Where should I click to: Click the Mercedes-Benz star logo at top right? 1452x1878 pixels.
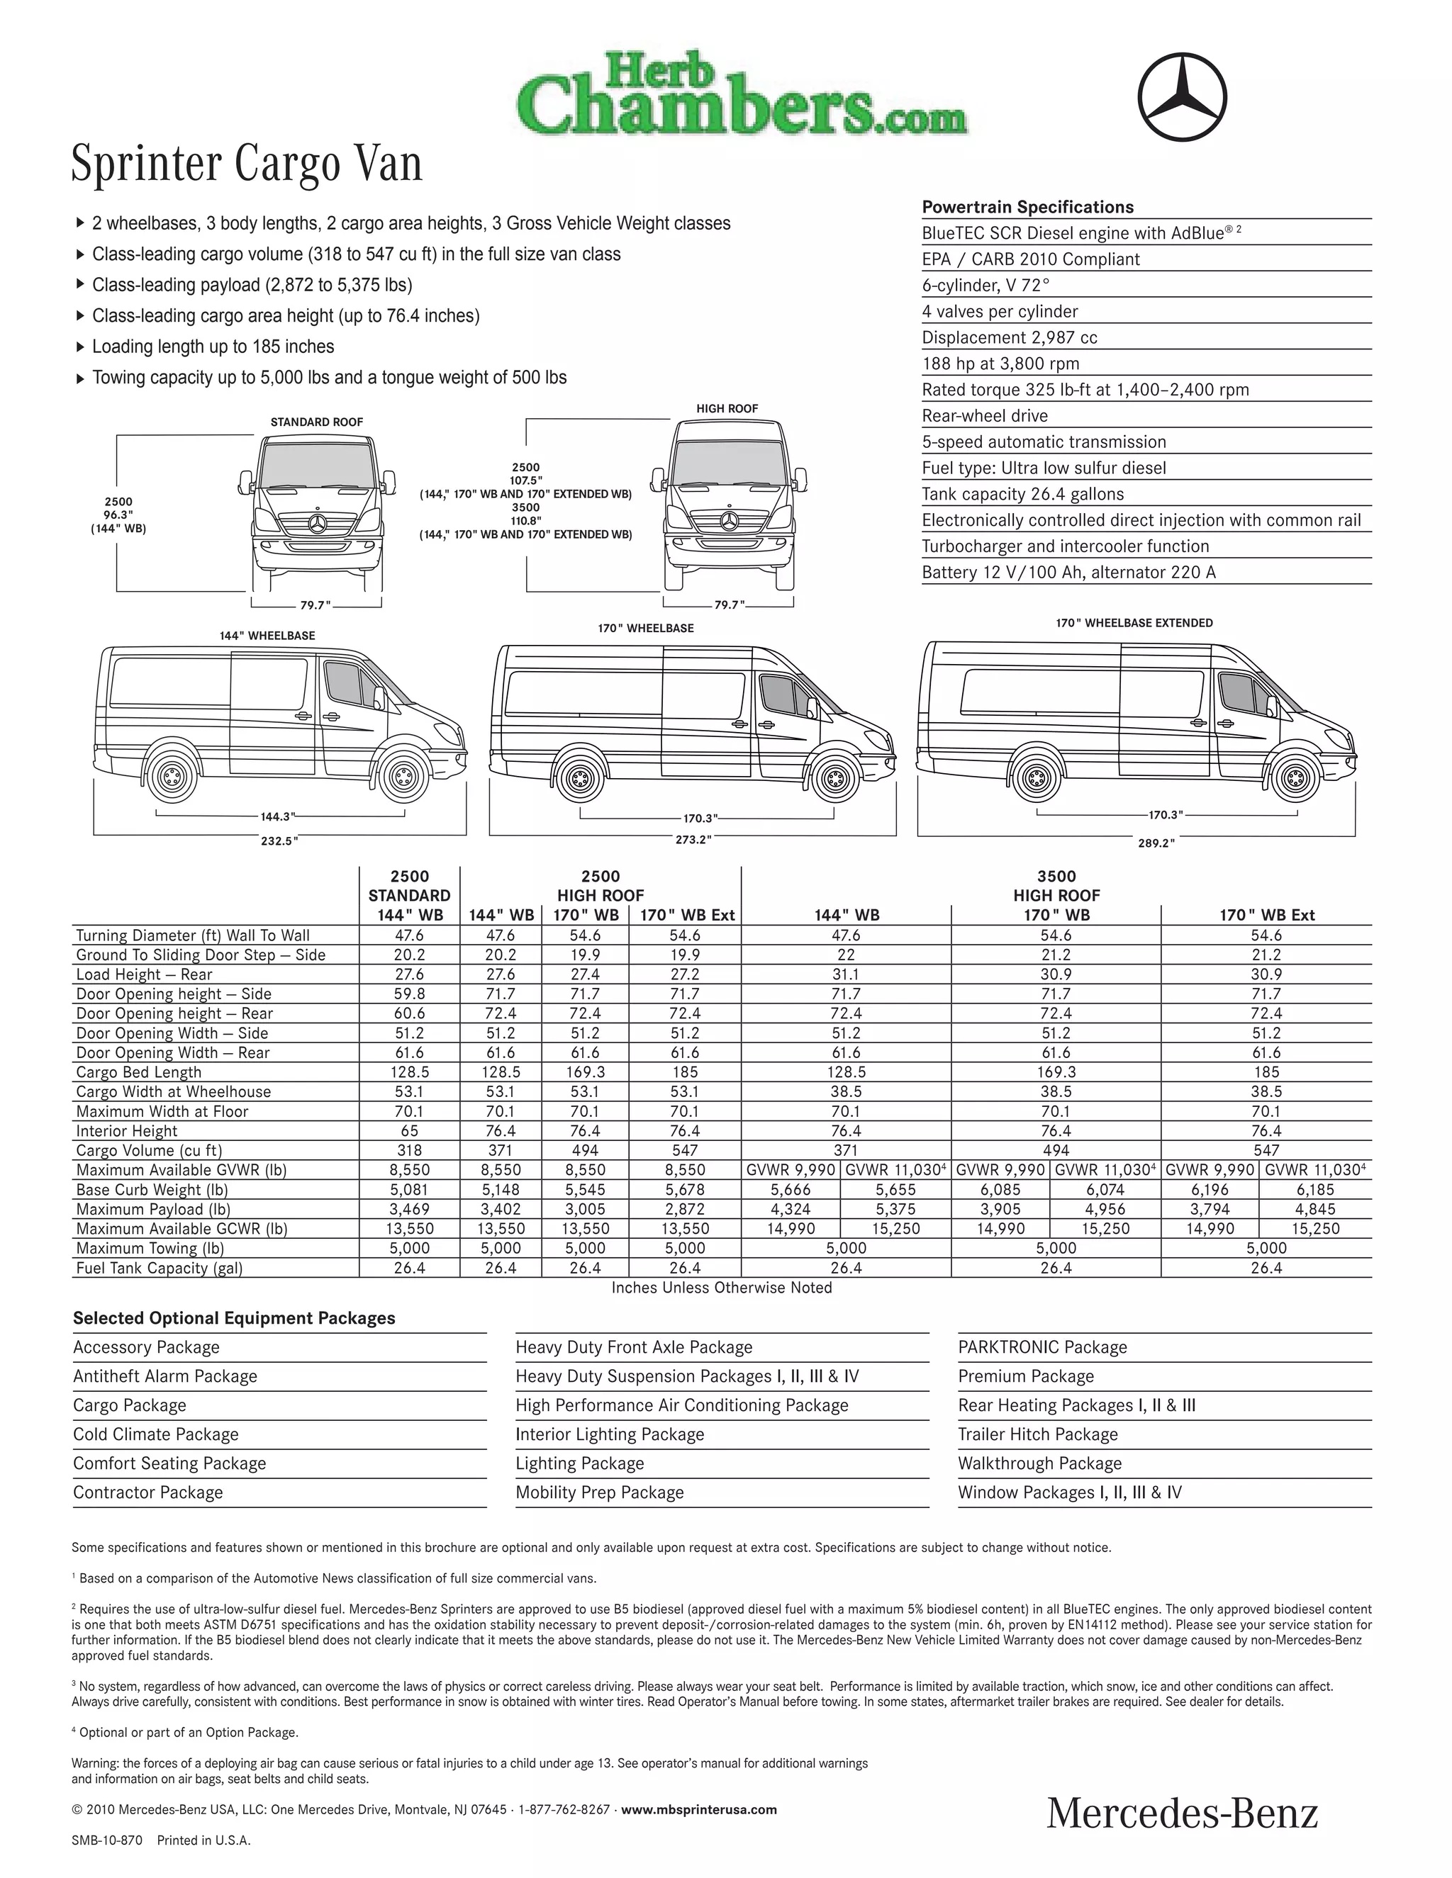pyautogui.click(x=1183, y=96)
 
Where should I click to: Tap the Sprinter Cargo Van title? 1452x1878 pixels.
pyautogui.click(x=247, y=164)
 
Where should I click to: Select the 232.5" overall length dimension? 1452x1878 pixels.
pyautogui.click(x=279, y=841)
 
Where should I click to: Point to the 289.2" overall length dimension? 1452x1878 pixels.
pyautogui.click(x=1156, y=843)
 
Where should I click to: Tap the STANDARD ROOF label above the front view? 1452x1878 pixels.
pyautogui.click(x=316, y=422)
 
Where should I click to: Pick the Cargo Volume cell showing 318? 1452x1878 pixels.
pyautogui.click(x=410, y=1150)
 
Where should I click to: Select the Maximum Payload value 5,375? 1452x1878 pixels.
pyautogui.click(x=895, y=1209)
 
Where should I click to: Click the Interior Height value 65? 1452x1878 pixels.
pyautogui.click(x=410, y=1131)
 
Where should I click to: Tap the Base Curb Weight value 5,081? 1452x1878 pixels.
pyautogui.click(x=410, y=1190)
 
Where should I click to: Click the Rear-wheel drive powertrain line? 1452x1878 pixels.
pyautogui.click(x=985, y=416)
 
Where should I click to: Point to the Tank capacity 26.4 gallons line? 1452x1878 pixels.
pyautogui.click(x=1023, y=495)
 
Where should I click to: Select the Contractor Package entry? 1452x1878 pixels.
pyautogui.click(x=148, y=1492)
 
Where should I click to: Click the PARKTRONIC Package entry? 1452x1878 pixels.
pyautogui.click(x=1042, y=1346)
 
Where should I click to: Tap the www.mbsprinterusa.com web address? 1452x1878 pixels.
pyautogui.click(x=698, y=1809)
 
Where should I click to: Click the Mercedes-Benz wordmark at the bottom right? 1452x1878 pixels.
pyautogui.click(x=1182, y=1814)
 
